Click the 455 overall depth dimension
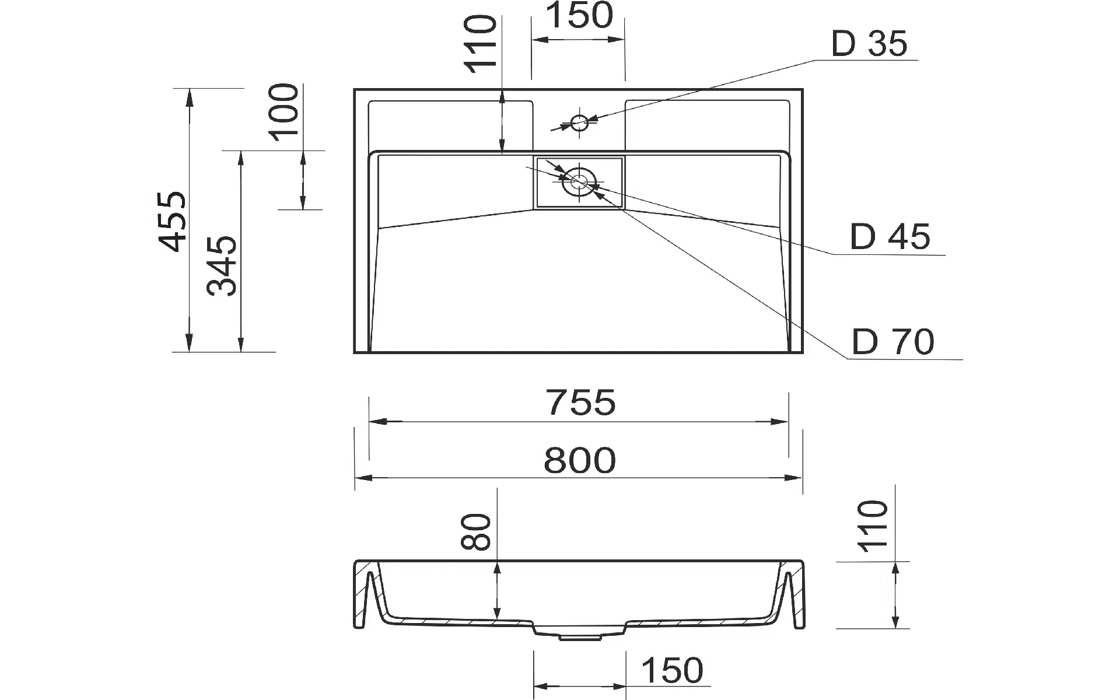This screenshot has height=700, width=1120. [173, 221]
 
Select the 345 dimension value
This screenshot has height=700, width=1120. [223, 266]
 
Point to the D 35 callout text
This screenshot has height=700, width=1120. [869, 44]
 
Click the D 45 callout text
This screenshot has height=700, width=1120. [890, 237]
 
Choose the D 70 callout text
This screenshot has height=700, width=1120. [893, 342]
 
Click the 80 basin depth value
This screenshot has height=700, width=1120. [475, 531]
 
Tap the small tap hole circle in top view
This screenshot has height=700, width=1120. [579, 123]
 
